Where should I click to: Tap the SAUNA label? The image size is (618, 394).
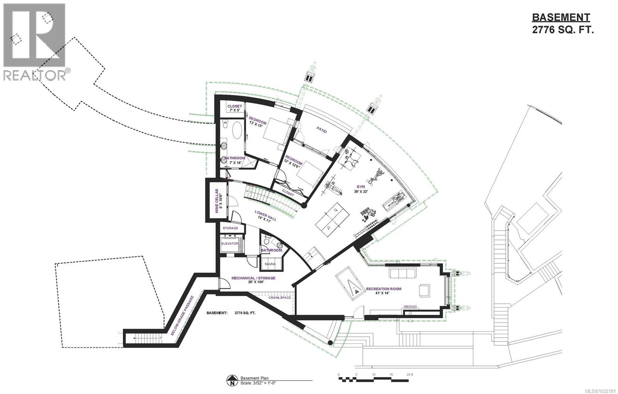coord(270,264)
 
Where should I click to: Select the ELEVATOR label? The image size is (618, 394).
coord(229,244)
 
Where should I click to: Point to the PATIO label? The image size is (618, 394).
coord(322,131)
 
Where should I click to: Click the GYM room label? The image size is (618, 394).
coord(361,187)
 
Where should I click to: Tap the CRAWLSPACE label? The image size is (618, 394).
coord(280,298)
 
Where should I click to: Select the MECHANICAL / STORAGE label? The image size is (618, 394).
coord(253,278)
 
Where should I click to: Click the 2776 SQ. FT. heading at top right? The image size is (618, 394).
coord(562,30)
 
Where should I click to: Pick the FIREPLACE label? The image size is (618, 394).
coord(410,306)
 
